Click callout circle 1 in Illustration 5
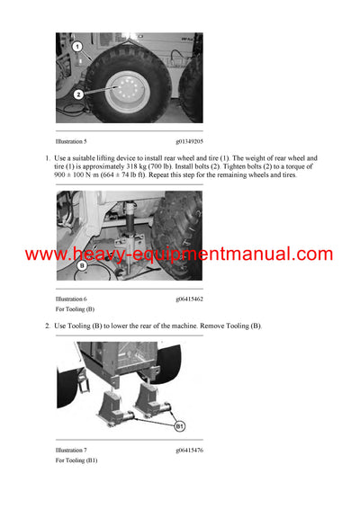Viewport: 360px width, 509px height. coord(77,46)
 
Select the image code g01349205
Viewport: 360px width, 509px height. coord(190,141)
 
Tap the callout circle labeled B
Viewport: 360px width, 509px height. coord(81,265)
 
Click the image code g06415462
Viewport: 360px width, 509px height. coord(190,298)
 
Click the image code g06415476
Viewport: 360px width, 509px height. coord(190,450)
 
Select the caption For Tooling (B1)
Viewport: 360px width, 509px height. coord(76,460)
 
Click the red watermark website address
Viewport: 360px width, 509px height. coord(179,254)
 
